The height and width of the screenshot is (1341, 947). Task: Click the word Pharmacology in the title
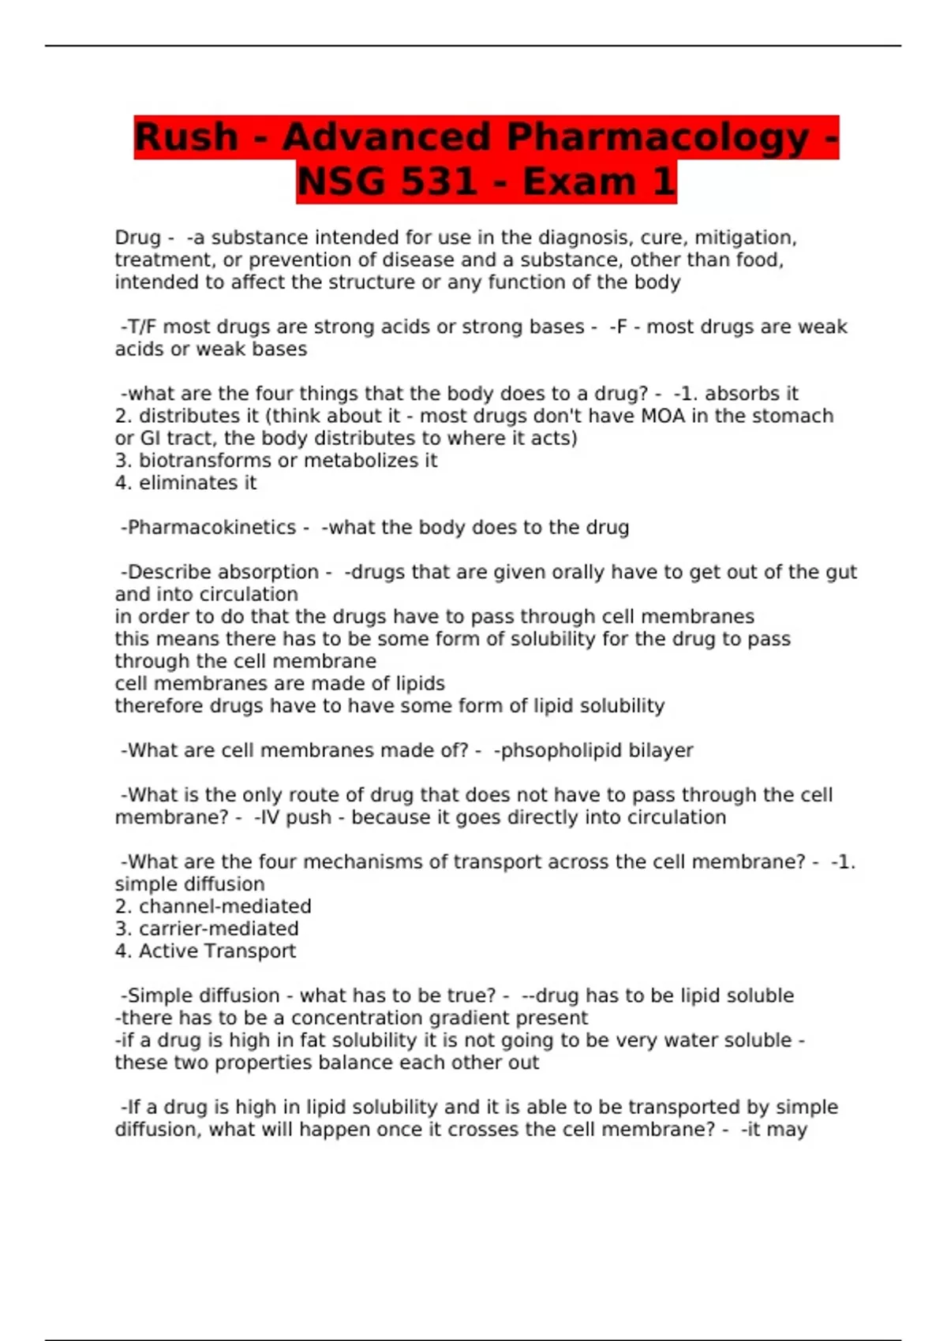[658, 137]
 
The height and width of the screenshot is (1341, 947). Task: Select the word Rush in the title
[186, 137]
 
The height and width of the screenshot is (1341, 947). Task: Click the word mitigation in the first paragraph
[744, 237]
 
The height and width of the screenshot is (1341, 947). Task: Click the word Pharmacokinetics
[211, 527]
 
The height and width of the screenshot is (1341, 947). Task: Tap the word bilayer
[661, 750]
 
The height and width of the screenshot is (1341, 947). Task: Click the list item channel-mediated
[225, 906]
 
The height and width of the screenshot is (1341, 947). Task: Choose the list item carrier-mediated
[219, 928]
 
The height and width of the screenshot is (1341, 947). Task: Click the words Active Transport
[217, 951]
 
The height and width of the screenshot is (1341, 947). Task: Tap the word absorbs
[741, 394]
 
